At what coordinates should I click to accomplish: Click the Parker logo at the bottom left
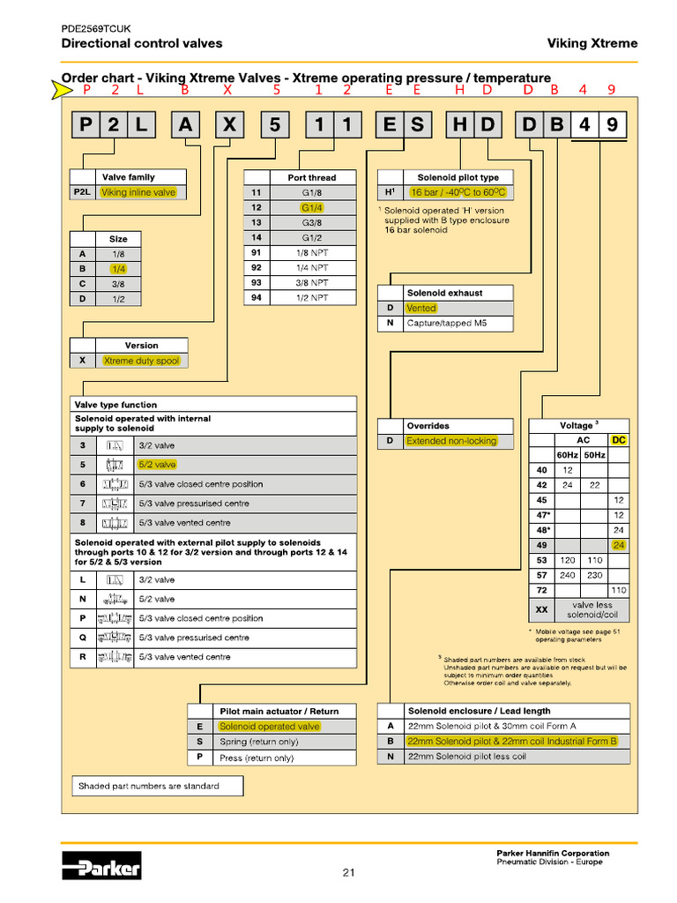pos(101,868)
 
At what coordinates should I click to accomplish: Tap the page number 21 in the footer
pos(348,873)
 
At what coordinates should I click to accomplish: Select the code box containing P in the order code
pos(86,126)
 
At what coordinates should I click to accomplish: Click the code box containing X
pos(228,126)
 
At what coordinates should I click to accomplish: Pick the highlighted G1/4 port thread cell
pos(312,207)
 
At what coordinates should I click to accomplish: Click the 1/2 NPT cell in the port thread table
pos(312,297)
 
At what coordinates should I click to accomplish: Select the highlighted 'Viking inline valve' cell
pos(138,192)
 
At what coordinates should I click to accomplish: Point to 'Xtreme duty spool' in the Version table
pos(141,361)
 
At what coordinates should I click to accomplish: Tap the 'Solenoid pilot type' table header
pos(458,177)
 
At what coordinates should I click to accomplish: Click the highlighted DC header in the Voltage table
pos(619,439)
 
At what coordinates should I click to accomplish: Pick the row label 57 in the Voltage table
pos(541,574)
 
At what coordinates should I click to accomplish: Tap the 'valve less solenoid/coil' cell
pos(591,609)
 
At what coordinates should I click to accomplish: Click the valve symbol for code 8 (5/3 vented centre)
pos(115,523)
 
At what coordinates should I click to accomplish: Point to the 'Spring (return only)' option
pos(258,742)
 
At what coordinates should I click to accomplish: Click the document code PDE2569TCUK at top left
pos(95,28)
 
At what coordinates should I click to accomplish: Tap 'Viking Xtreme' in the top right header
pos(591,43)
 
